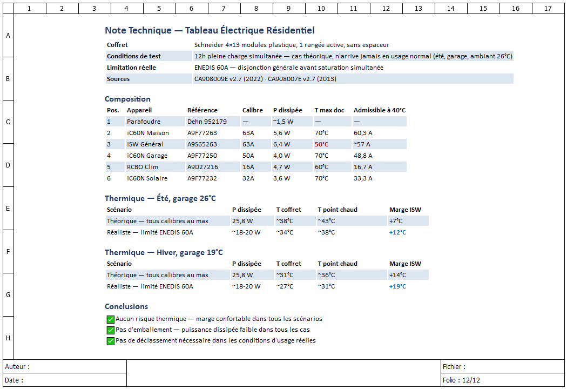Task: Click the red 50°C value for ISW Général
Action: click(321, 144)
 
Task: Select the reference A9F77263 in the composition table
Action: click(202, 133)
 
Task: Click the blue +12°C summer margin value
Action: click(397, 232)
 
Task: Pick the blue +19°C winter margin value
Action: click(397, 286)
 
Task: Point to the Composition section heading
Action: click(127, 99)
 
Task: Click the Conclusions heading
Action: click(126, 306)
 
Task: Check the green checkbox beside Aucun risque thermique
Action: click(111, 319)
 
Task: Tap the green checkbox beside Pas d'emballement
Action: click(111, 330)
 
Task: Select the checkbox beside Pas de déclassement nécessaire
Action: click(111, 341)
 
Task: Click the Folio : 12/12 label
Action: click(461, 380)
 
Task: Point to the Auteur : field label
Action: click(17, 366)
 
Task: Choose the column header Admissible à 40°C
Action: click(380, 110)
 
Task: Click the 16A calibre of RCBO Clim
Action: click(248, 167)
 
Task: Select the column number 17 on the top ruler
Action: click(548, 8)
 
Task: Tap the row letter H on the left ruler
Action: click(8, 338)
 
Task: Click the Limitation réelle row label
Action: click(131, 68)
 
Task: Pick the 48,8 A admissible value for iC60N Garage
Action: click(363, 156)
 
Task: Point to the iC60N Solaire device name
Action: click(147, 178)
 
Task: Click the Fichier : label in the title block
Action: click(454, 366)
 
